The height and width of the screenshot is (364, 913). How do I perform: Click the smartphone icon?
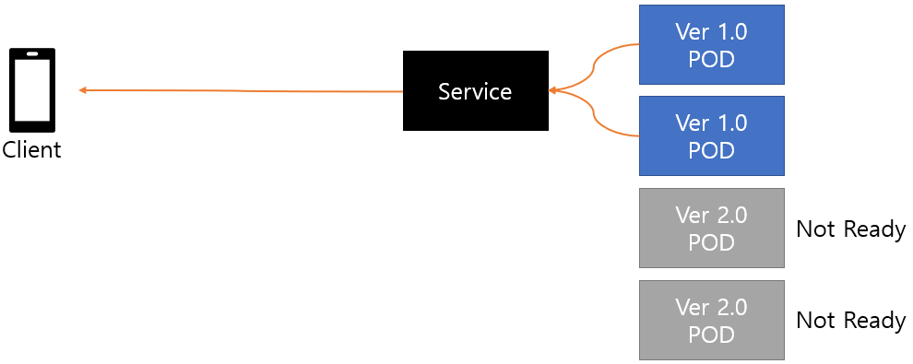tap(32, 90)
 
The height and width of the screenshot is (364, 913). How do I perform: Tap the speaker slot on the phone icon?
tap(32, 54)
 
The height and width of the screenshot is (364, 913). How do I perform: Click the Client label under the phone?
tap(31, 150)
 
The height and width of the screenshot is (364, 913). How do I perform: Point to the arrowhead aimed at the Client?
tap(83, 90)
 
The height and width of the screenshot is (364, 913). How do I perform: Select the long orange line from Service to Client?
tap(241, 90)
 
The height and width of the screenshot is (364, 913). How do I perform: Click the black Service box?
tap(476, 90)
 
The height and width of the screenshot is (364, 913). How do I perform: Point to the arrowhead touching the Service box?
tap(553, 90)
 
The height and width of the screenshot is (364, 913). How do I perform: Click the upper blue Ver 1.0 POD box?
tap(712, 45)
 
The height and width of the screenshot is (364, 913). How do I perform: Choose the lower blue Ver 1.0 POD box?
tap(712, 135)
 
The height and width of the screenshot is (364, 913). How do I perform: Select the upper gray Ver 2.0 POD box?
tap(712, 228)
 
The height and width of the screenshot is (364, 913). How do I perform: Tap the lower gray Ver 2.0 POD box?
tap(712, 320)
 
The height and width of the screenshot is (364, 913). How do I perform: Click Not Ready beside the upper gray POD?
tap(850, 229)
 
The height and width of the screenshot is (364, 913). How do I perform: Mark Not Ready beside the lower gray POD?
tap(850, 321)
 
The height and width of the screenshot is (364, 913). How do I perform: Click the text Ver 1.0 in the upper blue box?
tap(712, 32)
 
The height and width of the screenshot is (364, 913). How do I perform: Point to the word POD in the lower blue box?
tap(712, 150)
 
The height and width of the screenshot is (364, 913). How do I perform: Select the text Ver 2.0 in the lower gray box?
tap(712, 307)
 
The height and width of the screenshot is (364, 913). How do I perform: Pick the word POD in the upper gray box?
tap(712, 242)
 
